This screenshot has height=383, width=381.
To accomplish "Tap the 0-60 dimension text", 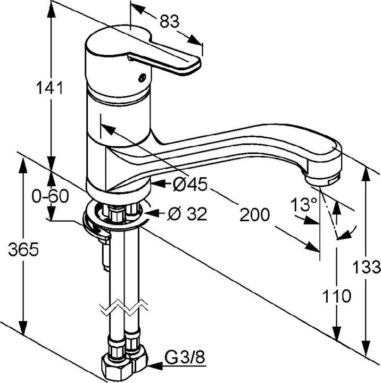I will click(x=50, y=196).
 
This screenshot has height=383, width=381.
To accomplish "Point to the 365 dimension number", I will click(x=23, y=249).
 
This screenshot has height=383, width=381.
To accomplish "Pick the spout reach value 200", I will click(x=254, y=215).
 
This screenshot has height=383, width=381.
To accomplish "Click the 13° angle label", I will click(x=304, y=204).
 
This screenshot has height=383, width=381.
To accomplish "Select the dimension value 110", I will click(x=336, y=295).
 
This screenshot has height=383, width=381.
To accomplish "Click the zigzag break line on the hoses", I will click(x=122, y=307).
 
